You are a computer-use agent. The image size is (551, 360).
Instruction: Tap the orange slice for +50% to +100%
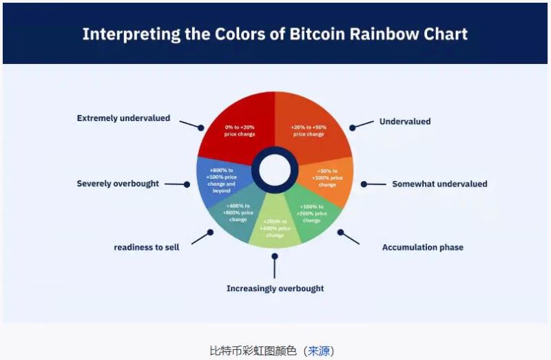[326, 178]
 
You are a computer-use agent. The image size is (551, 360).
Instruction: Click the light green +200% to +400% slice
[275, 227]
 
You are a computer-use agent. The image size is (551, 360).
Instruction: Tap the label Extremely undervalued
[123, 118]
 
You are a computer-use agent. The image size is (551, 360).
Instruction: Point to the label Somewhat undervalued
[439, 184]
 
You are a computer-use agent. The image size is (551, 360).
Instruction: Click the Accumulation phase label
[422, 247]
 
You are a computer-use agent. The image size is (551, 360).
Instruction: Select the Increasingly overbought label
[275, 288]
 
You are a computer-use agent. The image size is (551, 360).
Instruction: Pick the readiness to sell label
[147, 247]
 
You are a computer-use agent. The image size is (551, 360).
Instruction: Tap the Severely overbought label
[118, 184]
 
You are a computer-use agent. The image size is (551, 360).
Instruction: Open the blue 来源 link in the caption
[319, 350]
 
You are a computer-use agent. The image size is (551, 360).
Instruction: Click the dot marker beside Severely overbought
[188, 184]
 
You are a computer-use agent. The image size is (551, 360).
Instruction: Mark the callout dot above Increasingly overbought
[275, 256]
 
